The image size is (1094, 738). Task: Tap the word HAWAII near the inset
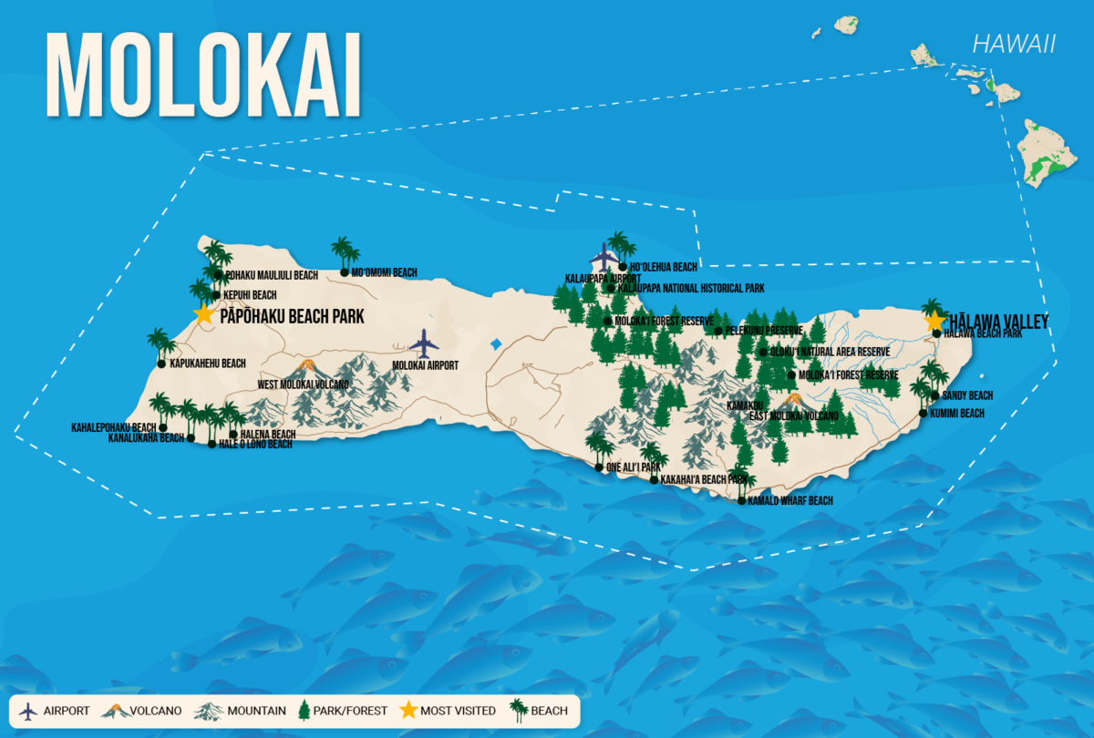[x=1013, y=44]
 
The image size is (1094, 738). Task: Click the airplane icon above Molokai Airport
[x=424, y=343]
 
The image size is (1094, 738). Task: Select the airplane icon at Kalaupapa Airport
[x=604, y=257]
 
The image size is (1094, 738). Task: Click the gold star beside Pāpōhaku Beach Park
[x=203, y=314]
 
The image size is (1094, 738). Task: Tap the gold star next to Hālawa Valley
[x=934, y=321]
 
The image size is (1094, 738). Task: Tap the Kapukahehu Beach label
[x=207, y=364]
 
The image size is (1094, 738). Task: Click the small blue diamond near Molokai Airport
[x=496, y=344]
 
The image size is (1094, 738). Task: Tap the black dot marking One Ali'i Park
[x=598, y=468]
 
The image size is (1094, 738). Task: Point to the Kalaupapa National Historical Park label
[x=690, y=288]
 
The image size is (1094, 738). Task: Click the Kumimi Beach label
[x=957, y=413]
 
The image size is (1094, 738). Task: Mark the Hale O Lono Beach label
[x=255, y=445]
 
